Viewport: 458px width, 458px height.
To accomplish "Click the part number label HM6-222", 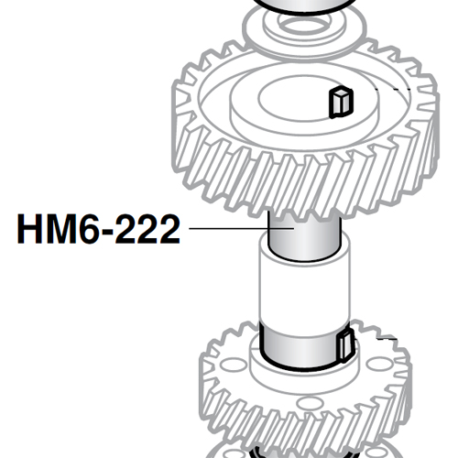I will click(x=98, y=228).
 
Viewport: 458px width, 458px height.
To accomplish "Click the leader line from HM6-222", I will click(x=224, y=228).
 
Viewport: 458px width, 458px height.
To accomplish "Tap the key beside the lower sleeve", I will click(x=345, y=349).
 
